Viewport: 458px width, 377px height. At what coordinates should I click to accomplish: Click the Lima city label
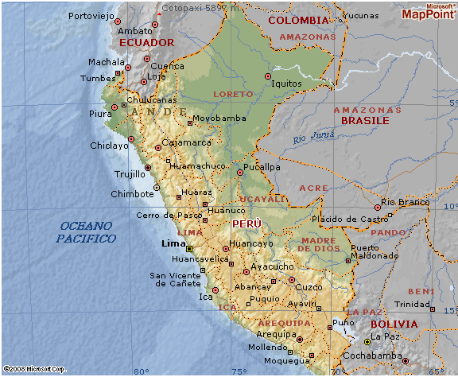[x=172, y=244]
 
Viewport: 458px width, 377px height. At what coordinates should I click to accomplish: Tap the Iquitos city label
[x=287, y=82]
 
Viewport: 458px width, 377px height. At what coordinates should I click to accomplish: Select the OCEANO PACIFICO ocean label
[x=87, y=232]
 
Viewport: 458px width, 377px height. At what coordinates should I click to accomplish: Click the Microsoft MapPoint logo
[x=429, y=11]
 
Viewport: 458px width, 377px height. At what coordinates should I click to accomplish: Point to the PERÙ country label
[x=246, y=224]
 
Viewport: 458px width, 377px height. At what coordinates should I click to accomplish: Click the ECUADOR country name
[x=146, y=42]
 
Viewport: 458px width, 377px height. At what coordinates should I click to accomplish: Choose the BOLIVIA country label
[x=394, y=324]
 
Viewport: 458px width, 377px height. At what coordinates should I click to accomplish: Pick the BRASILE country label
[x=365, y=120]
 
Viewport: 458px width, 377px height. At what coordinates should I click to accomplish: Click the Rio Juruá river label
[x=310, y=139]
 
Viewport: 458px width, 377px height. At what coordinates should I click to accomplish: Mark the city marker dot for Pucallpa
[x=240, y=173]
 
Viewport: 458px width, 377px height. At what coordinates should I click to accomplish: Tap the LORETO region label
[x=233, y=94]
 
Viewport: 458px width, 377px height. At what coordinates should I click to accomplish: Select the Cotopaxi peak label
[x=194, y=6]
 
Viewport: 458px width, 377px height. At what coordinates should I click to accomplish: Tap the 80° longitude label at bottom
[x=142, y=371]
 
